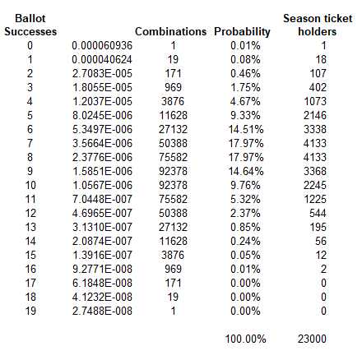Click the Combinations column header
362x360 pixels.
click(170, 31)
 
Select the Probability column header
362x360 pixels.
click(242, 32)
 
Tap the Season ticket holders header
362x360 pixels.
click(318, 25)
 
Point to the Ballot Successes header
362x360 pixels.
click(30, 25)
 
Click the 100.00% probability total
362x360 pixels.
click(245, 339)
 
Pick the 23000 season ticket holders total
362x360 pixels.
click(312, 339)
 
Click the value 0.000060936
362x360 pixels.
click(102, 45)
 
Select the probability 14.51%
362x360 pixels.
click(246, 129)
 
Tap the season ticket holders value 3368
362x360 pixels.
click(315, 171)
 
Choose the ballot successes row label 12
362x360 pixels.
click(30, 213)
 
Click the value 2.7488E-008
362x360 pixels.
click(102, 311)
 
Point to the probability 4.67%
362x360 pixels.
click(245, 101)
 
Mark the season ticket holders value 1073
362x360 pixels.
click(315, 101)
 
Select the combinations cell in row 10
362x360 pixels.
click(173, 185)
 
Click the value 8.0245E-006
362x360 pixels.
click(102, 115)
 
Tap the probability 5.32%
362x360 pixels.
click(245, 199)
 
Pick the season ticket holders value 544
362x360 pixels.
click(318, 213)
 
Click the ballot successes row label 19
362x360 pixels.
click(30, 311)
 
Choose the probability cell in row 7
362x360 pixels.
click(246, 143)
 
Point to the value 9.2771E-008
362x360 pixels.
click(102, 269)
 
